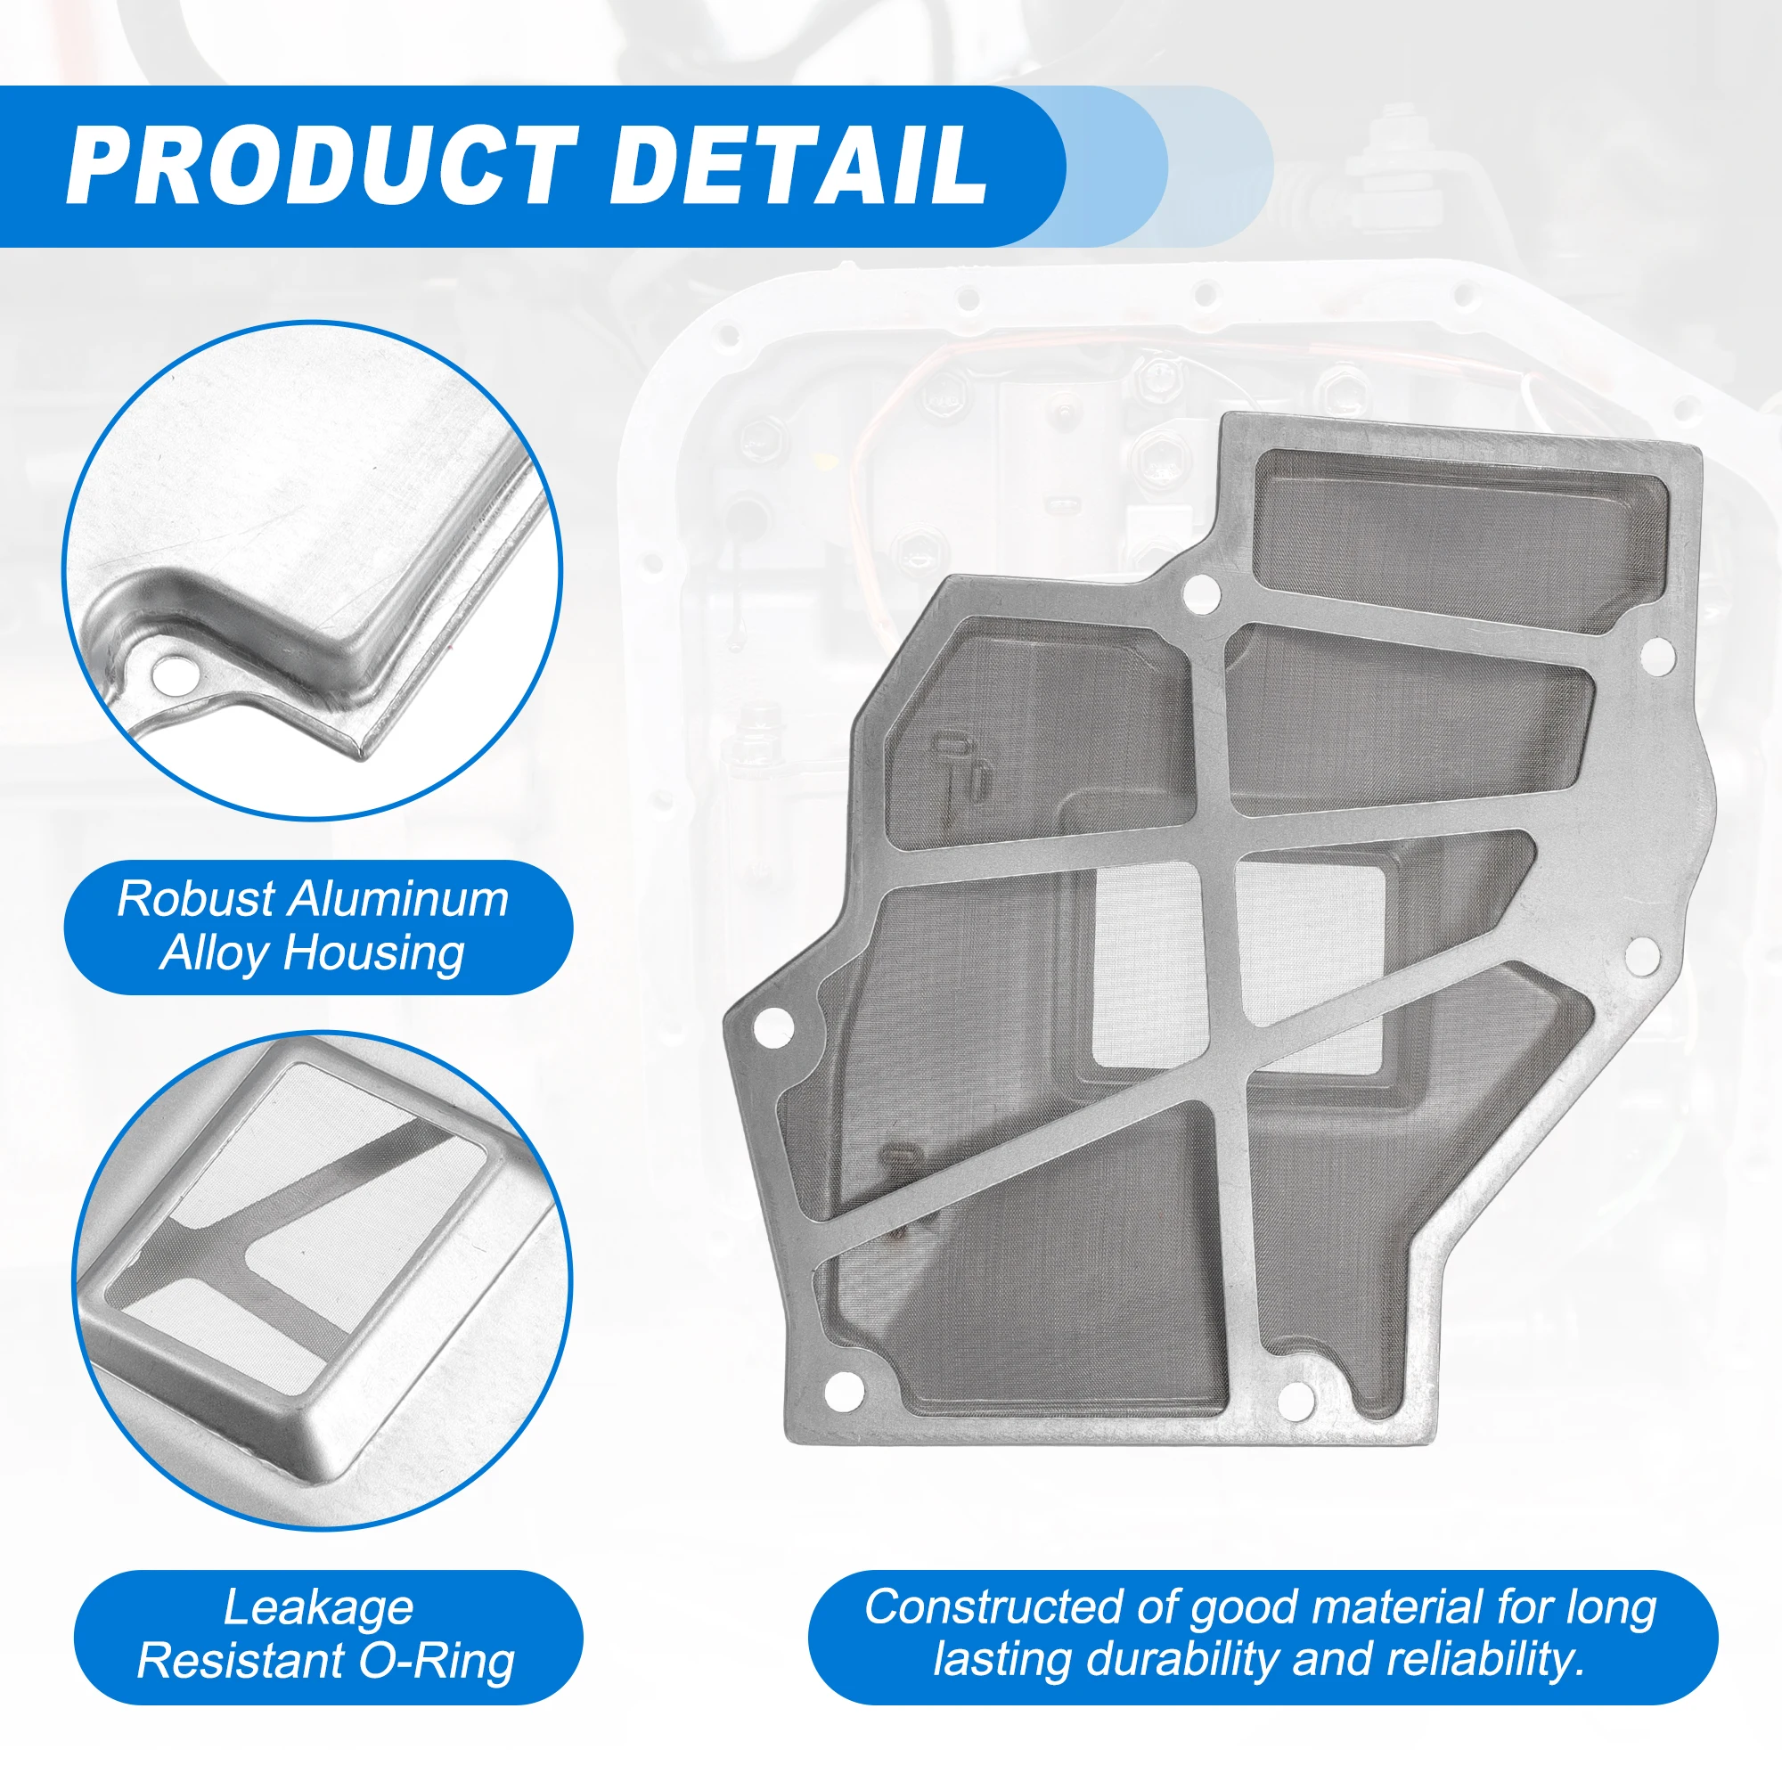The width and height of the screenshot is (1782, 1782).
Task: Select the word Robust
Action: point(195,899)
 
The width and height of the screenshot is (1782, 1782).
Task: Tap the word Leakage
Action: point(318,1607)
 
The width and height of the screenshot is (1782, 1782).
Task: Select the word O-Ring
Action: point(437,1663)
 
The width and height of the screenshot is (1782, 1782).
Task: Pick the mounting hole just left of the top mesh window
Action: point(1202,592)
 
